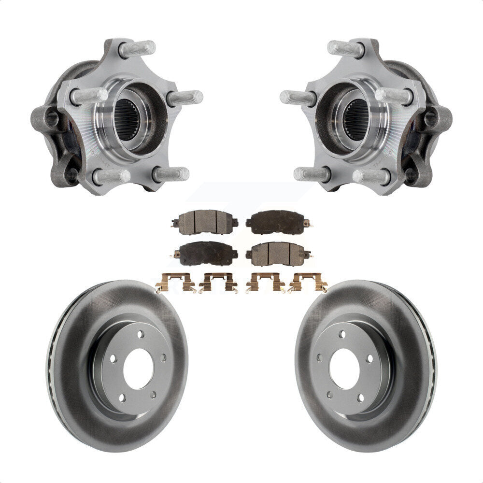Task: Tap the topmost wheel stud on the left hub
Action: tap(138, 49)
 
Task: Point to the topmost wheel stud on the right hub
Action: tap(346, 49)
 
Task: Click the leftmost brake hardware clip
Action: tap(174, 283)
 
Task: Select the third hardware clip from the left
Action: tap(264, 283)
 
